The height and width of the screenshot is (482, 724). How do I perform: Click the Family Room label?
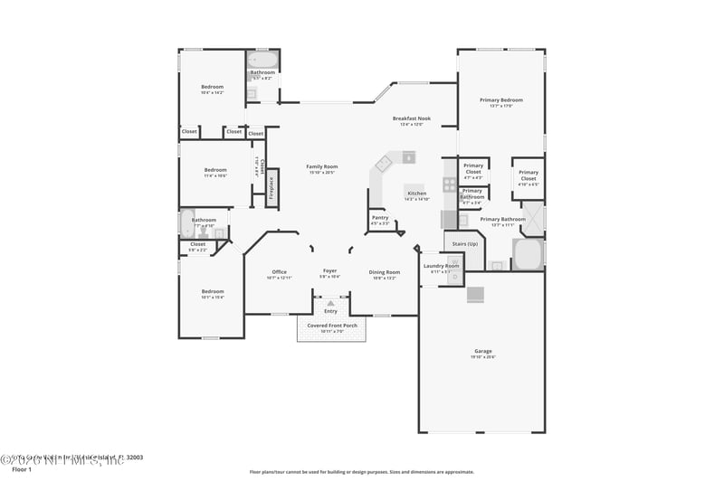(x=321, y=166)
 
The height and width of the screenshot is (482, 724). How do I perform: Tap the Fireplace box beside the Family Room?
(x=271, y=187)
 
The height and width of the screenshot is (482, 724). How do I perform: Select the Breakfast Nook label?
(x=411, y=118)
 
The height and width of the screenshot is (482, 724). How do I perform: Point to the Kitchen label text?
(x=416, y=194)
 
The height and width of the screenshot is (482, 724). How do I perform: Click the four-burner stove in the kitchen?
(x=449, y=184)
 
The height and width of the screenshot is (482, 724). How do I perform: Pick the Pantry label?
(x=380, y=217)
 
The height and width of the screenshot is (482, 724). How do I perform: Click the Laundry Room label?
(x=442, y=266)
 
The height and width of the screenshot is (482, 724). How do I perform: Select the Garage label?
(x=483, y=351)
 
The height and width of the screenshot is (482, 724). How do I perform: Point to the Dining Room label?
(x=384, y=272)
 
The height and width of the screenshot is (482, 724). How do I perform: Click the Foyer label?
(x=330, y=271)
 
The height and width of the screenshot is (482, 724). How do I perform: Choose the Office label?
(x=279, y=272)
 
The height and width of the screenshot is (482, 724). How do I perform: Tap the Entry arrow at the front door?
(x=330, y=303)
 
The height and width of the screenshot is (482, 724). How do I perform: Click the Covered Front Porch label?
(x=331, y=326)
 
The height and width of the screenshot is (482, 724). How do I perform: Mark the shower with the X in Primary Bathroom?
(x=533, y=218)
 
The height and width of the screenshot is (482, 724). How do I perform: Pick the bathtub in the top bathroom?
(x=263, y=61)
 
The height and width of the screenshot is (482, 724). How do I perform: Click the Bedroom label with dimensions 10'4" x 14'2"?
(x=212, y=88)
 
